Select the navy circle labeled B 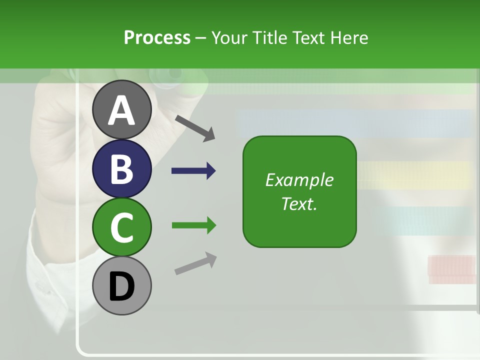click(121, 168)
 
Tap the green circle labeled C click(121, 227)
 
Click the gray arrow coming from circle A click(195, 127)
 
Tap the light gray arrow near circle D click(195, 263)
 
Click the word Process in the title click(157, 37)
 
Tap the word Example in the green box click(299, 180)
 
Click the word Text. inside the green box click(299, 203)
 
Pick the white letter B click(121, 169)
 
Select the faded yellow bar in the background click(415, 175)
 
